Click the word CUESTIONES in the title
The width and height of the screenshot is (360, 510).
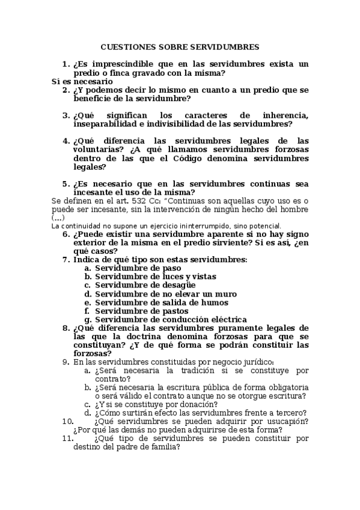(x=124, y=46)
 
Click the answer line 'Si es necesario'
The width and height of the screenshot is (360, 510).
(x=82, y=81)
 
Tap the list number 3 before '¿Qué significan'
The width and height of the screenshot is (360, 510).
(x=66, y=115)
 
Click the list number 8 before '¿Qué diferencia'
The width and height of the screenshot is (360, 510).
(x=66, y=328)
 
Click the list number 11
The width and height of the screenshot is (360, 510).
(x=67, y=438)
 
